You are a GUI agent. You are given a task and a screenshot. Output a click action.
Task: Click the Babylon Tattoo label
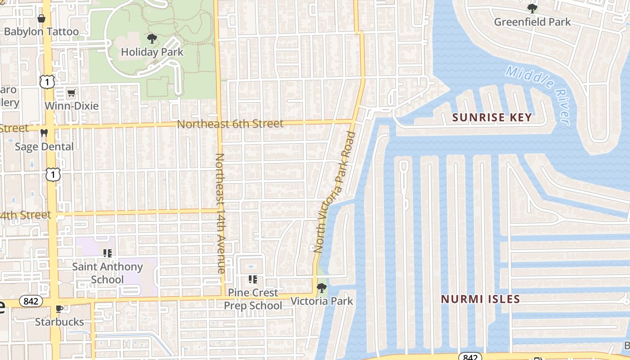(41, 31)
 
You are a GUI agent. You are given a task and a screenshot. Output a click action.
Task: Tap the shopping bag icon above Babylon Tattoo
(41, 18)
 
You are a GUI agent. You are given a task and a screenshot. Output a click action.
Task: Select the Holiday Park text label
(152, 52)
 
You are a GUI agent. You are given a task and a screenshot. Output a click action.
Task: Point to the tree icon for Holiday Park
(152, 39)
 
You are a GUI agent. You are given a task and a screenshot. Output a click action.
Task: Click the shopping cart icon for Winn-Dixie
(71, 93)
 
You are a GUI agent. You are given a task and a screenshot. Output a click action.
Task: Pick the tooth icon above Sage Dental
(44, 133)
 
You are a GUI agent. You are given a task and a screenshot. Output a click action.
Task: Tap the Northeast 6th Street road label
(230, 124)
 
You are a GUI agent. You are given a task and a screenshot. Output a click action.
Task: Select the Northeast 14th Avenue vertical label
(220, 213)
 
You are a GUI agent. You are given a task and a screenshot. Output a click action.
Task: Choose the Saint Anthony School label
(108, 273)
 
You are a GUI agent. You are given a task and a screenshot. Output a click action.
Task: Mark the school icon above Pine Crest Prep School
(253, 279)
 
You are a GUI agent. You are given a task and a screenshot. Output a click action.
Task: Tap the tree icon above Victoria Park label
(322, 288)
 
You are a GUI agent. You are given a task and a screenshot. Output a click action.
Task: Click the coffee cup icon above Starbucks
(59, 309)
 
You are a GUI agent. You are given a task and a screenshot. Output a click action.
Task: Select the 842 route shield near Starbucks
(31, 301)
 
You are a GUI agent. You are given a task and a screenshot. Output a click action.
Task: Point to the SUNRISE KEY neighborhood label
(492, 118)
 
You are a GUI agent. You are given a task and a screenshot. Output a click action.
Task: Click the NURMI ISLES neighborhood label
(480, 299)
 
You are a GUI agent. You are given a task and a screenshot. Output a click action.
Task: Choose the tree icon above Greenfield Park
(532, 8)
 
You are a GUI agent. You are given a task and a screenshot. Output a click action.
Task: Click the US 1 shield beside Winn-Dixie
(47, 82)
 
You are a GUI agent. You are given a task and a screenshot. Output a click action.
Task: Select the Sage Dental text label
(44, 147)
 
